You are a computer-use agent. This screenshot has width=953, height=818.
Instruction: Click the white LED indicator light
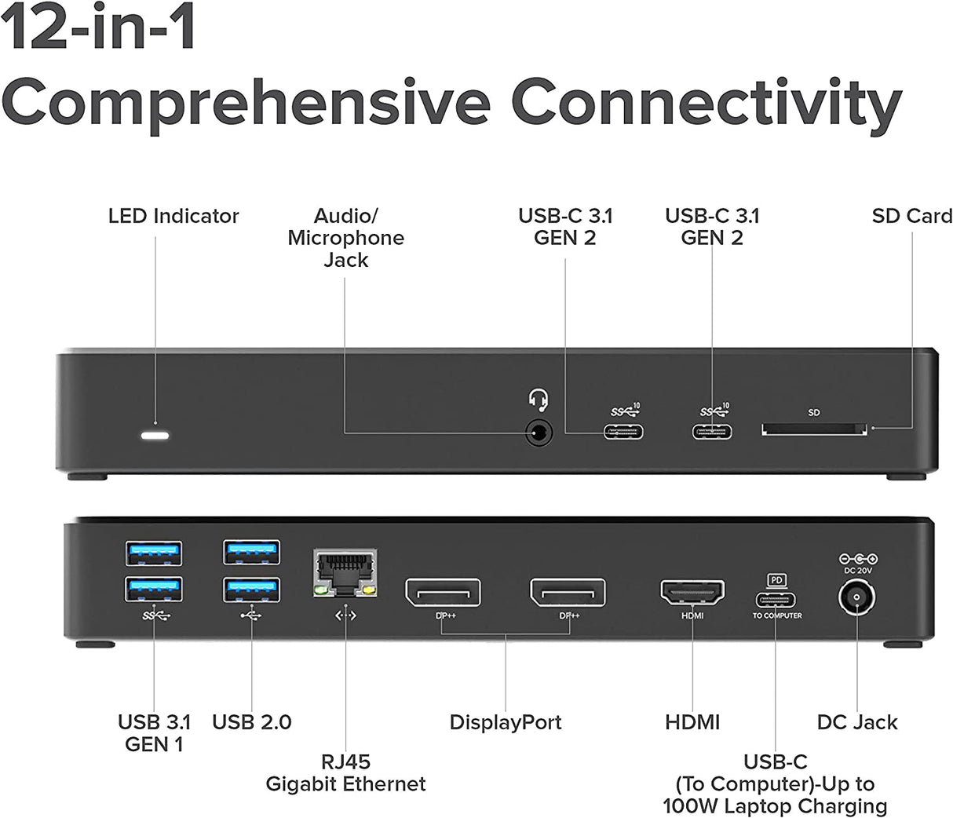tap(155, 435)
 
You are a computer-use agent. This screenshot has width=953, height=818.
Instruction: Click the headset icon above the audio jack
tap(539, 400)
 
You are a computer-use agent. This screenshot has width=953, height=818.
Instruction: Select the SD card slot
tap(814, 429)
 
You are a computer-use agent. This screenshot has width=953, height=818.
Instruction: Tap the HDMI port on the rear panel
tap(692, 593)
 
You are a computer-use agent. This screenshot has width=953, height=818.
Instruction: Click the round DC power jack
tap(857, 599)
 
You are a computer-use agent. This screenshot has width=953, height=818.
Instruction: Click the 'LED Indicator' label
tap(173, 216)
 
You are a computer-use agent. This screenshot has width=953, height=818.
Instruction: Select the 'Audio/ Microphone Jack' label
tap(345, 238)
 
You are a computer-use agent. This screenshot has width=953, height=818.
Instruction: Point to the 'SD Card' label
tap(911, 216)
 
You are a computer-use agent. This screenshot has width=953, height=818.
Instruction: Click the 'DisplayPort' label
tap(505, 722)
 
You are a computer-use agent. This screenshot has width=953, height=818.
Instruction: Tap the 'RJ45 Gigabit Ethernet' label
tap(345, 772)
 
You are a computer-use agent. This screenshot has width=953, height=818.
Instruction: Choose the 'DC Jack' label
tap(856, 722)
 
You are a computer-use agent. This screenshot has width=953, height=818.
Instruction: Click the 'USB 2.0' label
tap(251, 722)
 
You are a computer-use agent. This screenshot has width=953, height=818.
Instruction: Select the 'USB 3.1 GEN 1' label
tap(154, 732)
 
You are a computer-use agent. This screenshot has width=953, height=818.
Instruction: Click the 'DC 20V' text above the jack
tap(858, 571)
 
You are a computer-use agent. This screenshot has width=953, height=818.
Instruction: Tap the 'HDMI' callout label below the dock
tap(692, 722)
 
